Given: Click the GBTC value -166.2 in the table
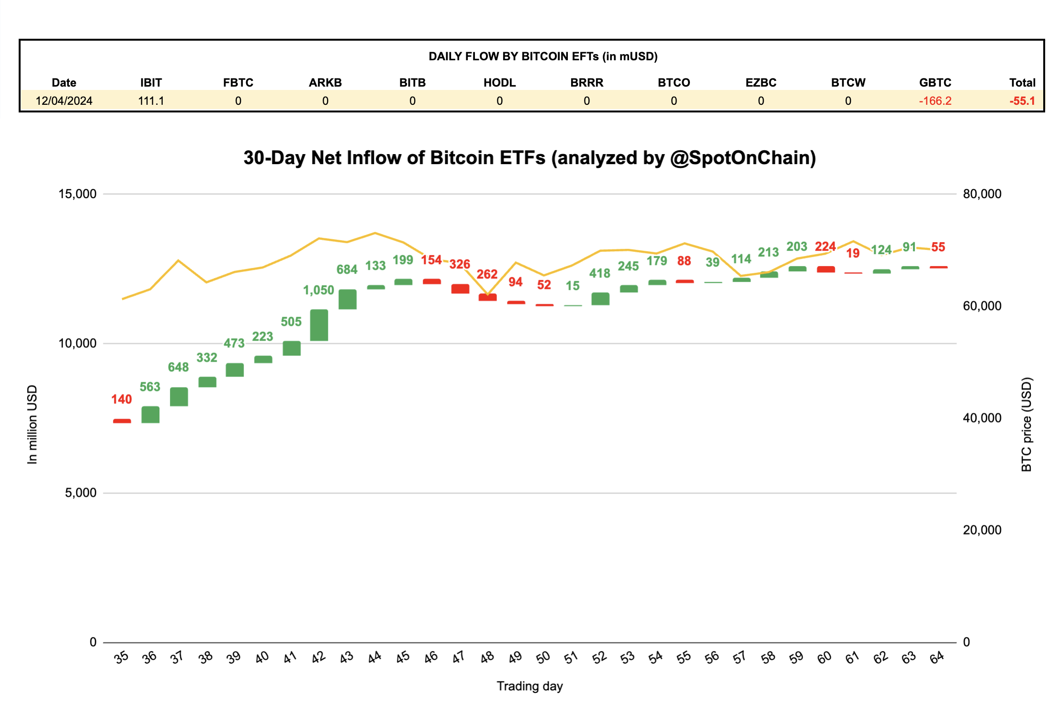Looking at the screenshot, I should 935,101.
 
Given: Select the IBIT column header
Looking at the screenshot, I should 151,82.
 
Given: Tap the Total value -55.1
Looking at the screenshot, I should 1022,101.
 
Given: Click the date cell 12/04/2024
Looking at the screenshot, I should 64,101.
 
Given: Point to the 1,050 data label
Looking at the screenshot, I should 318,290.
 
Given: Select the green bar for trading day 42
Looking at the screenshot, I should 319,325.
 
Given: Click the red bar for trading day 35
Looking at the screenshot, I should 122,421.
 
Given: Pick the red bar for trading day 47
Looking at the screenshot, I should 460,289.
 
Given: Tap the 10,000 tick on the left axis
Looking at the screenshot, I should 77,343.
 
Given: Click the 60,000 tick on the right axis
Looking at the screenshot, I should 982,306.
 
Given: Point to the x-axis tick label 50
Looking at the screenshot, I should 543,657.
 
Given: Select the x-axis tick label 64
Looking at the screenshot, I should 937,657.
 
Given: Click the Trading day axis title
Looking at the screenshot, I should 530,686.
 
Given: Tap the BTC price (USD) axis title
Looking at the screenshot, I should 1026,424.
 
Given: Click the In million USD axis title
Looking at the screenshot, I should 32,424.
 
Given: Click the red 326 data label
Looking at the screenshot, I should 460,264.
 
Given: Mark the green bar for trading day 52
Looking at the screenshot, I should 600,299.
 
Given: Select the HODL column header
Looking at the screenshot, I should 499,82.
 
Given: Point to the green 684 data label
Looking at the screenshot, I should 347,269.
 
